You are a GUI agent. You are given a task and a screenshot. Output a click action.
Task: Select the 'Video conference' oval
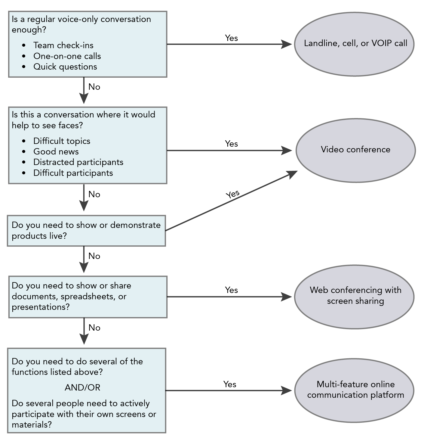[355, 150]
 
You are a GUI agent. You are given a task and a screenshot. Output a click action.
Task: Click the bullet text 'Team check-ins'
[63, 45]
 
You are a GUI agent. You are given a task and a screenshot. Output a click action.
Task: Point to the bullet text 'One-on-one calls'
[67, 56]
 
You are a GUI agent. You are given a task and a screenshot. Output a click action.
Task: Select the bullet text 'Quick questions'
[65, 67]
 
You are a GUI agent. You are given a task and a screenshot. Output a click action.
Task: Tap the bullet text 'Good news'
[56, 152]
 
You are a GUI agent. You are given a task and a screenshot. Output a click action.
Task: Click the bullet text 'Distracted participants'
[78, 162]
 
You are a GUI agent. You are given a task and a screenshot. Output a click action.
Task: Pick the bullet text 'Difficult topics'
[62, 141]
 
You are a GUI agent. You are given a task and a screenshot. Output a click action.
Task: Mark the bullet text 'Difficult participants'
[73, 173]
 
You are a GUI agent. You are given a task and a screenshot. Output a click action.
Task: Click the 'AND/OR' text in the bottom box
[82, 388]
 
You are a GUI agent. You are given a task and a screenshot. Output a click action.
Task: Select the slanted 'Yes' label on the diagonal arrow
[232, 194]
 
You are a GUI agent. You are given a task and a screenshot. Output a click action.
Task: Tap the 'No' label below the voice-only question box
[94, 87]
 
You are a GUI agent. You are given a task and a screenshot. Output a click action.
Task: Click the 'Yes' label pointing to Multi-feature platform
[230, 384]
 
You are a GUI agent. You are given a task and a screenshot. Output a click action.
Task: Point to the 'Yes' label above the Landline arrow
[231, 38]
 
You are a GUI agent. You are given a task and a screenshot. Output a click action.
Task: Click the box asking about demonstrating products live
[86, 231]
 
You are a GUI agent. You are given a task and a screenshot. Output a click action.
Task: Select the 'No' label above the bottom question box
[94, 328]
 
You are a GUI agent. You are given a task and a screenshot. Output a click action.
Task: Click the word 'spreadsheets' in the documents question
[89, 297]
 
